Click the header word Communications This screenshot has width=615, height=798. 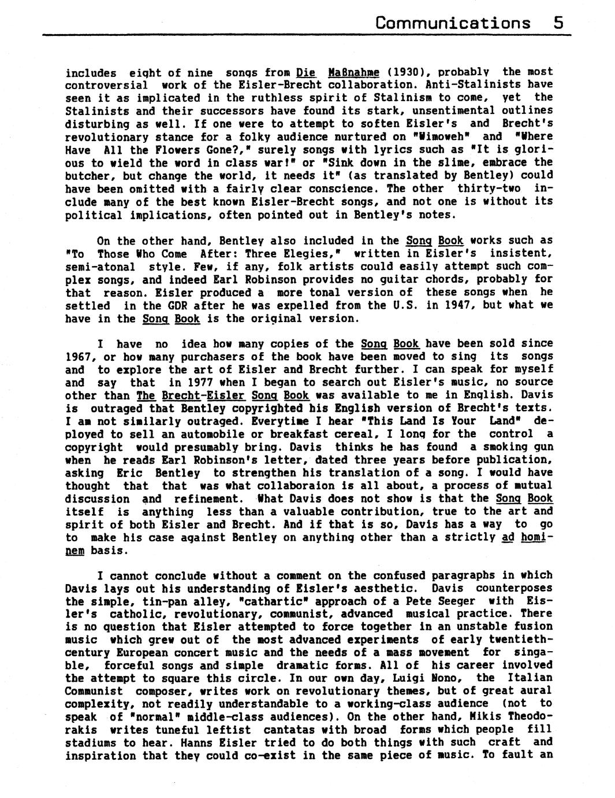[452, 23]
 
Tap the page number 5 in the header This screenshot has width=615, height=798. [558, 23]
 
